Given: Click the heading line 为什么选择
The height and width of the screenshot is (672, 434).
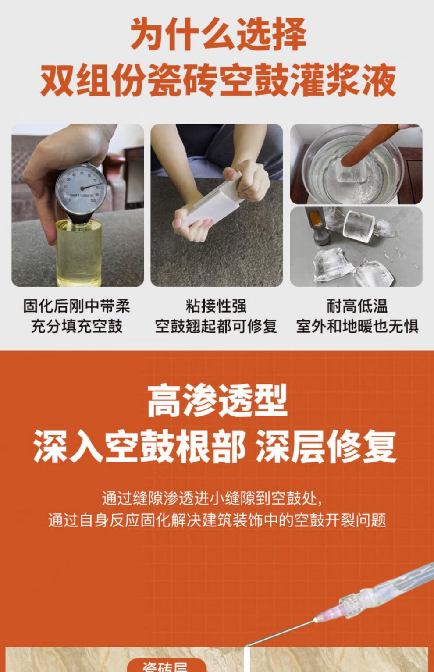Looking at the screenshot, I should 218,34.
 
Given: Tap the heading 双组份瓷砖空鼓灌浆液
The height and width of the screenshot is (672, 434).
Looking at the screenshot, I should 218,80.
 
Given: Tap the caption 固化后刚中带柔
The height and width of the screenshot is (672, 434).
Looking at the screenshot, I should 77,306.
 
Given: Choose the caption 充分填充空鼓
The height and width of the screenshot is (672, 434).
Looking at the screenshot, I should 77,326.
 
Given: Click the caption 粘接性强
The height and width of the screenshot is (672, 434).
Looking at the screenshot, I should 216,306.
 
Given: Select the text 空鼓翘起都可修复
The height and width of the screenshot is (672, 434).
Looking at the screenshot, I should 216,326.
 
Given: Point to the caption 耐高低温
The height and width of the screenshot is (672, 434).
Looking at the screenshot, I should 357,306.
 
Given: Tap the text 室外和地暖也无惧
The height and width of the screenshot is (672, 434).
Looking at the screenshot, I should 357,326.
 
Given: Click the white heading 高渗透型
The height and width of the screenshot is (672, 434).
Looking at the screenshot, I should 217,401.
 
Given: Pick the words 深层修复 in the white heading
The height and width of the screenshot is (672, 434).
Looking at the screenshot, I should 326,447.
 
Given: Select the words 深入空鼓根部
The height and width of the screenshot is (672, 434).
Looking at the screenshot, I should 139,447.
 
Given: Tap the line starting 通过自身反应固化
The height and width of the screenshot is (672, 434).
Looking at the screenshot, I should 217,520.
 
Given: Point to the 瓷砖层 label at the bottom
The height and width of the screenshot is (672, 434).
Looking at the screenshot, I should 166,667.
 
